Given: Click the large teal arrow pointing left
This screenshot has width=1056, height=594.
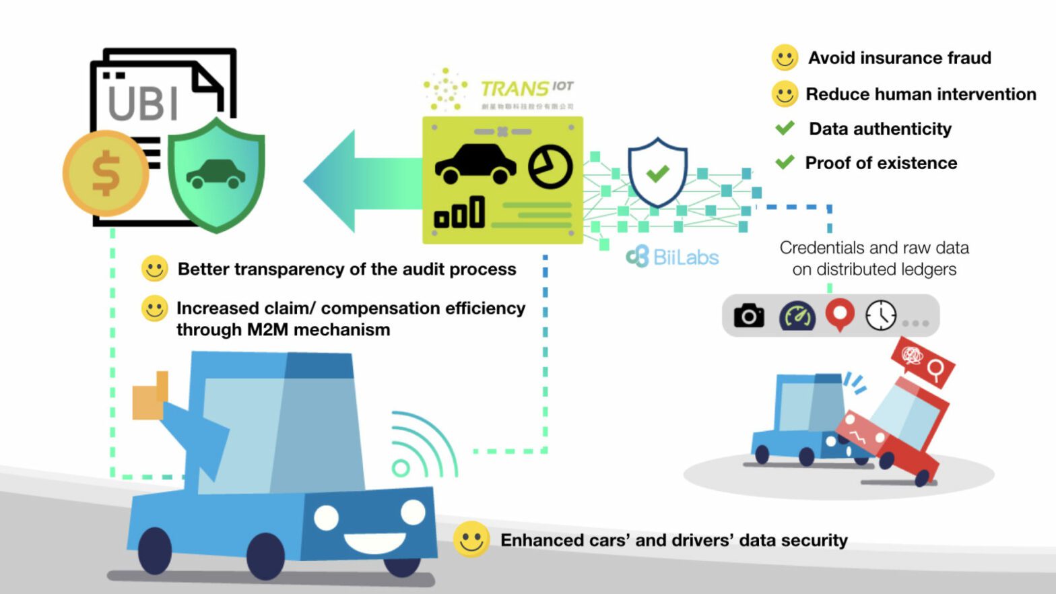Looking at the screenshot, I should click(360, 181).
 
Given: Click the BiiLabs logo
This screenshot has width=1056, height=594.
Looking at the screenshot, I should click(673, 257).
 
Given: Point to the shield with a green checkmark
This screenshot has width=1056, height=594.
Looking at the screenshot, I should click(657, 173).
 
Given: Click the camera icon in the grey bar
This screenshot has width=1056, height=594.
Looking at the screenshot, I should click(748, 315).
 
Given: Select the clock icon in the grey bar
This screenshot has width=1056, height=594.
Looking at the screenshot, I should click(881, 315).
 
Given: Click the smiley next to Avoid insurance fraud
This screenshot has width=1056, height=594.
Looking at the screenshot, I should click(785, 58).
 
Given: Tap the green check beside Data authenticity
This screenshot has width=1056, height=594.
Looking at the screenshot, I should click(785, 128).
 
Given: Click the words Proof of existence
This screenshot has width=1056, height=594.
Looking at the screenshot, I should click(881, 163).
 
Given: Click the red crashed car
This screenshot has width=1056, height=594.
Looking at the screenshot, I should click(896, 424).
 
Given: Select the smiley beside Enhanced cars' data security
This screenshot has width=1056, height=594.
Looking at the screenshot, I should click(471, 539).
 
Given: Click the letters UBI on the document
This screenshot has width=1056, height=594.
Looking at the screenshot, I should click(143, 104).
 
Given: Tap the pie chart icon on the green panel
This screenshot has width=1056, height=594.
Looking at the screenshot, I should click(550, 167).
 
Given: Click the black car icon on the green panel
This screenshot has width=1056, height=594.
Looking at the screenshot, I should click(475, 164).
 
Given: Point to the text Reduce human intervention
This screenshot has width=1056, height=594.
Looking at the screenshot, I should click(921, 94).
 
